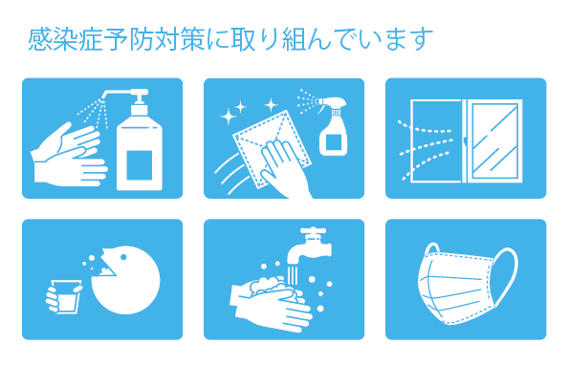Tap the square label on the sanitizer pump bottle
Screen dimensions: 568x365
click(139, 165)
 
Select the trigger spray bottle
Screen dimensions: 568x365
click(332, 125)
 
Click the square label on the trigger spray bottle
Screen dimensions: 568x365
click(334, 142)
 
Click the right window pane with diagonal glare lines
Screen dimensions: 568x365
click(495, 140)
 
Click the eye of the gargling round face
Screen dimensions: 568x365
click(123, 257)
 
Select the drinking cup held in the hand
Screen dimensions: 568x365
click(65, 296)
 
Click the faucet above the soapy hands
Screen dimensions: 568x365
click(311, 247)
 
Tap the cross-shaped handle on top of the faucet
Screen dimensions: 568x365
click(313, 231)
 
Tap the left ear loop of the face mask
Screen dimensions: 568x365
click(432, 249)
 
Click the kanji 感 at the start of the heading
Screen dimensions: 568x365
click(39, 39)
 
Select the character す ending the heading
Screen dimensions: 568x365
click(422, 39)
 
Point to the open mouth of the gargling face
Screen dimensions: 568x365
click(107, 268)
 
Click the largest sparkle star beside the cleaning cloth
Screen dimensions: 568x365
click(229, 117)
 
